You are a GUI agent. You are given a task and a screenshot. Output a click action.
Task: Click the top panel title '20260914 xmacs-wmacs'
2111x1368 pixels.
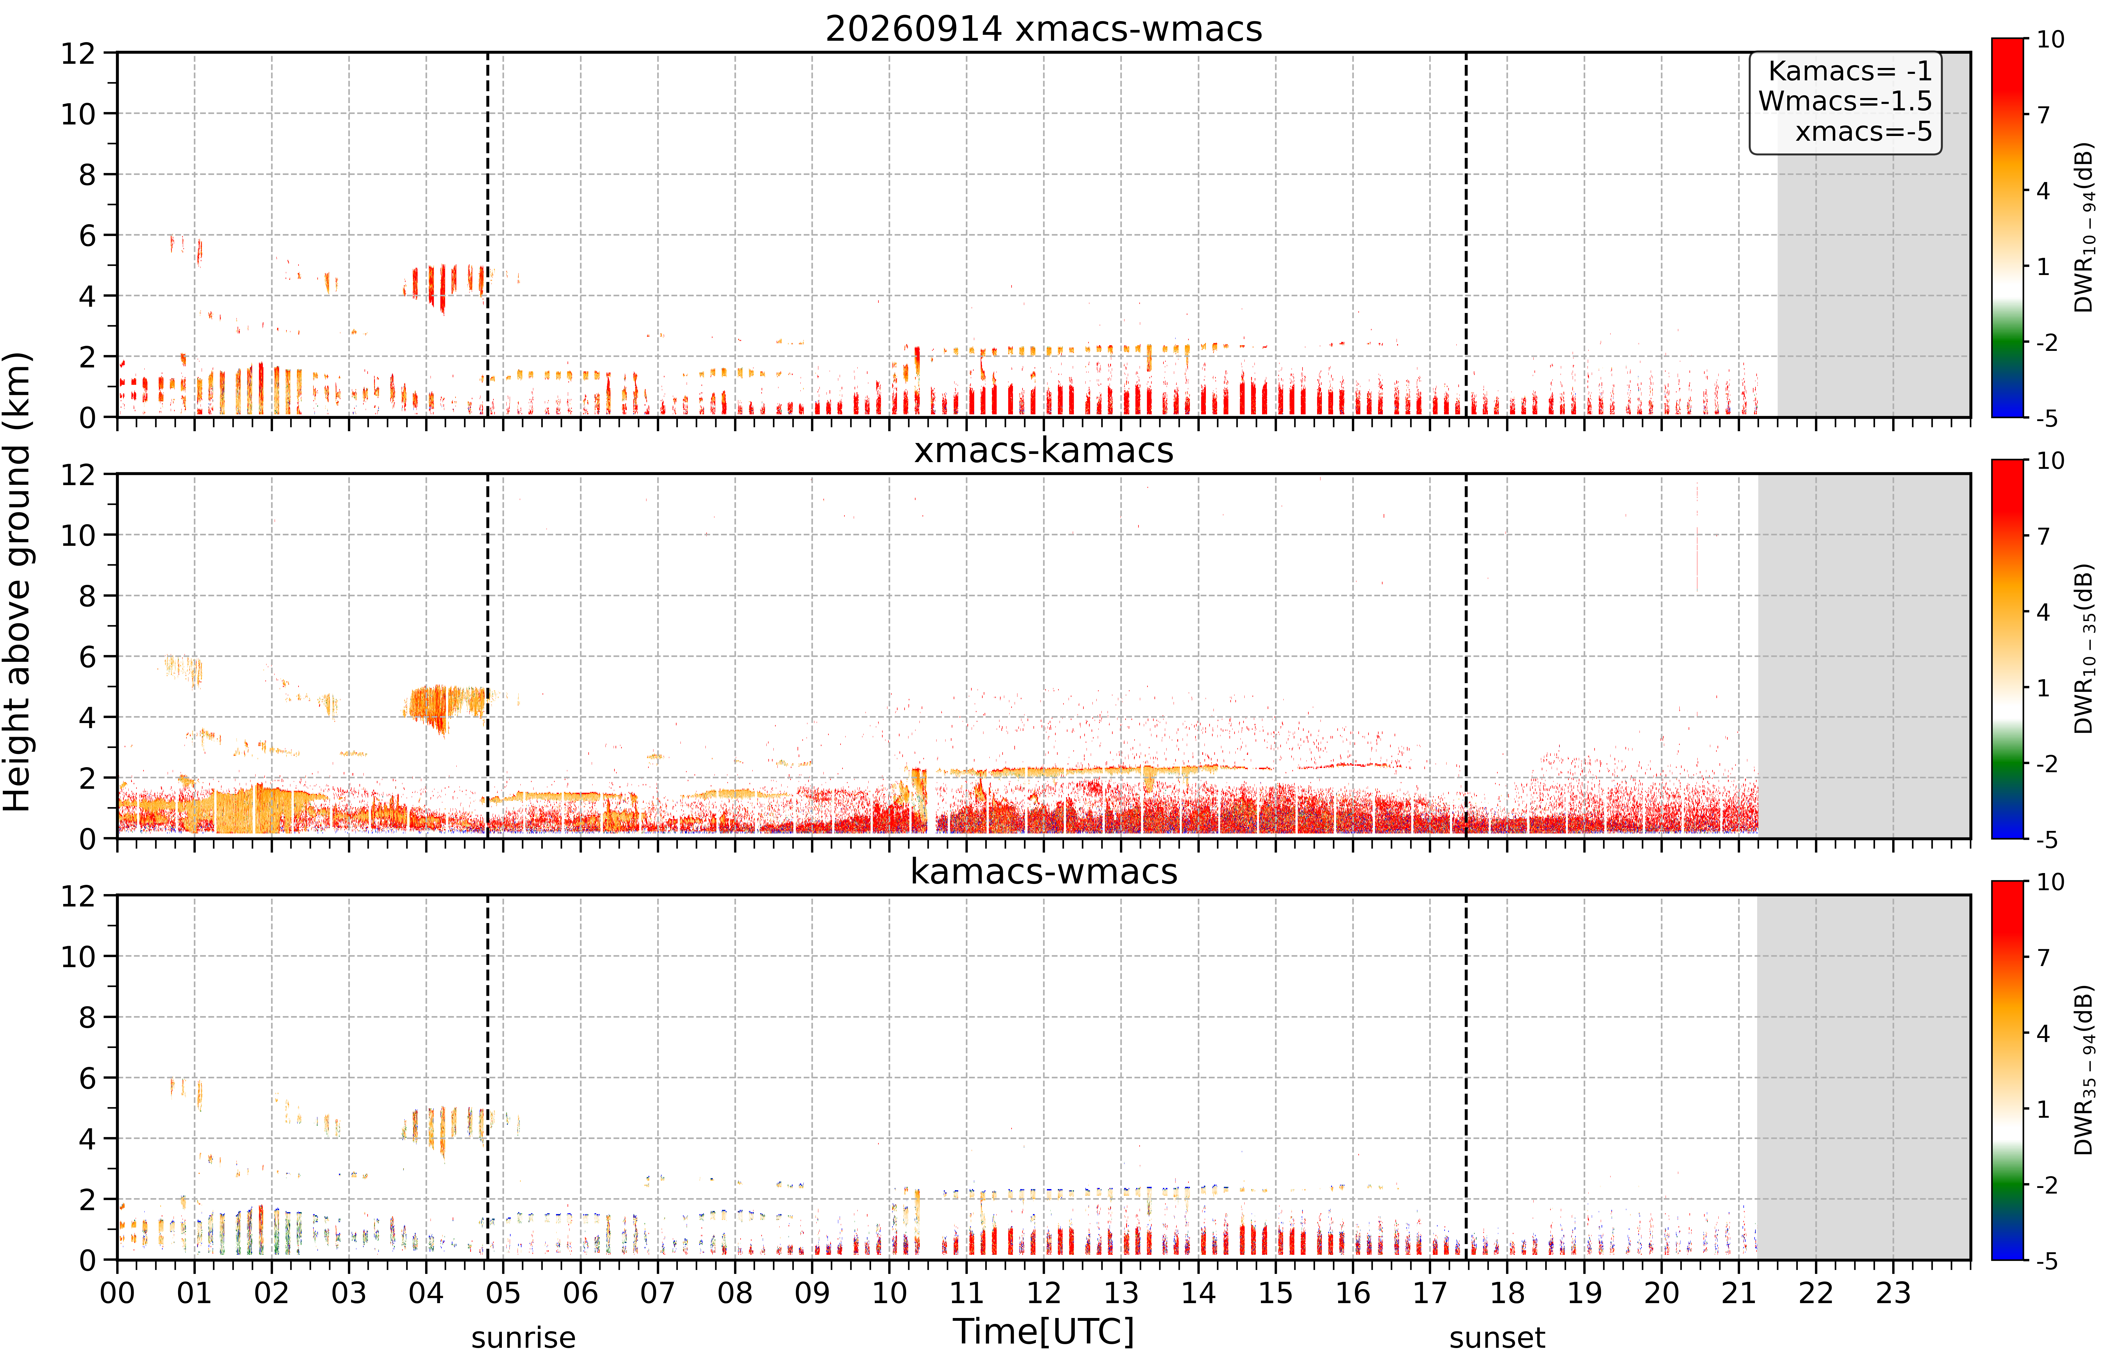(1043, 29)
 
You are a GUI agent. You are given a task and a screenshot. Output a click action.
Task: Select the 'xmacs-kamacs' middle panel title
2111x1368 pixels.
(1043, 451)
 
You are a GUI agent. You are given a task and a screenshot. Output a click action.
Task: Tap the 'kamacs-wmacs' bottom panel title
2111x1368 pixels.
(1043, 872)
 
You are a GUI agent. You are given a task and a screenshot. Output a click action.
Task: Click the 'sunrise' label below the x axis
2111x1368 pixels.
(523, 1337)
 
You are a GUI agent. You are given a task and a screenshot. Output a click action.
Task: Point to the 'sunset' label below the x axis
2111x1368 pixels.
(1497, 1337)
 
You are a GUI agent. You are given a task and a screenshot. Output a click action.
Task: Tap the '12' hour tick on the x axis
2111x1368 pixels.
(1043, 1293)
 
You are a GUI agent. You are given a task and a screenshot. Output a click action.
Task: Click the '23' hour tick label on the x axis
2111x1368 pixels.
(1893, 1293)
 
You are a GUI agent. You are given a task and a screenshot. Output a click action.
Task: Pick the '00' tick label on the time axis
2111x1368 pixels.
(117, 1293)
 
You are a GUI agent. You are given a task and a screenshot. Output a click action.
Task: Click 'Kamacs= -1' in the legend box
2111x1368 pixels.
(1849, 71)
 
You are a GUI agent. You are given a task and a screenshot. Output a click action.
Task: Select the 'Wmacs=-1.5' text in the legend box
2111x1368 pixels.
(1845, 101)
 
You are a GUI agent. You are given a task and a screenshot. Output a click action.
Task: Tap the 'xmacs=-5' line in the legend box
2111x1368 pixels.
(1864, 131)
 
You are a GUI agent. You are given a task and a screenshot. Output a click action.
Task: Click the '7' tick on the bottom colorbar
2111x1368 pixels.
(2044, 957)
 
